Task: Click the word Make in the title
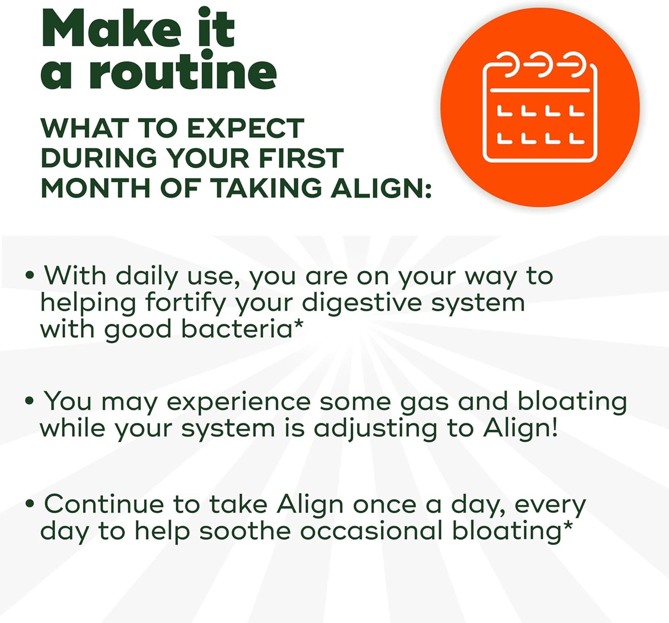tap(111, 29)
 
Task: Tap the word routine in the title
tap(183, 73)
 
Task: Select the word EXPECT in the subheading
tap(245, 128)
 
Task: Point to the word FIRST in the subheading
tap(301, 158)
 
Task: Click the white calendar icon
tap(540, 109)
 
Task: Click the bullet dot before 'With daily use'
tap(30, 276)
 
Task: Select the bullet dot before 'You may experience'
tap(30, 401)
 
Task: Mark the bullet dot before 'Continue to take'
tap(30, 504)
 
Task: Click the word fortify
tap(185, 303)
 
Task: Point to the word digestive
tap(362, 303)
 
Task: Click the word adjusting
tap(375, 428)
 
